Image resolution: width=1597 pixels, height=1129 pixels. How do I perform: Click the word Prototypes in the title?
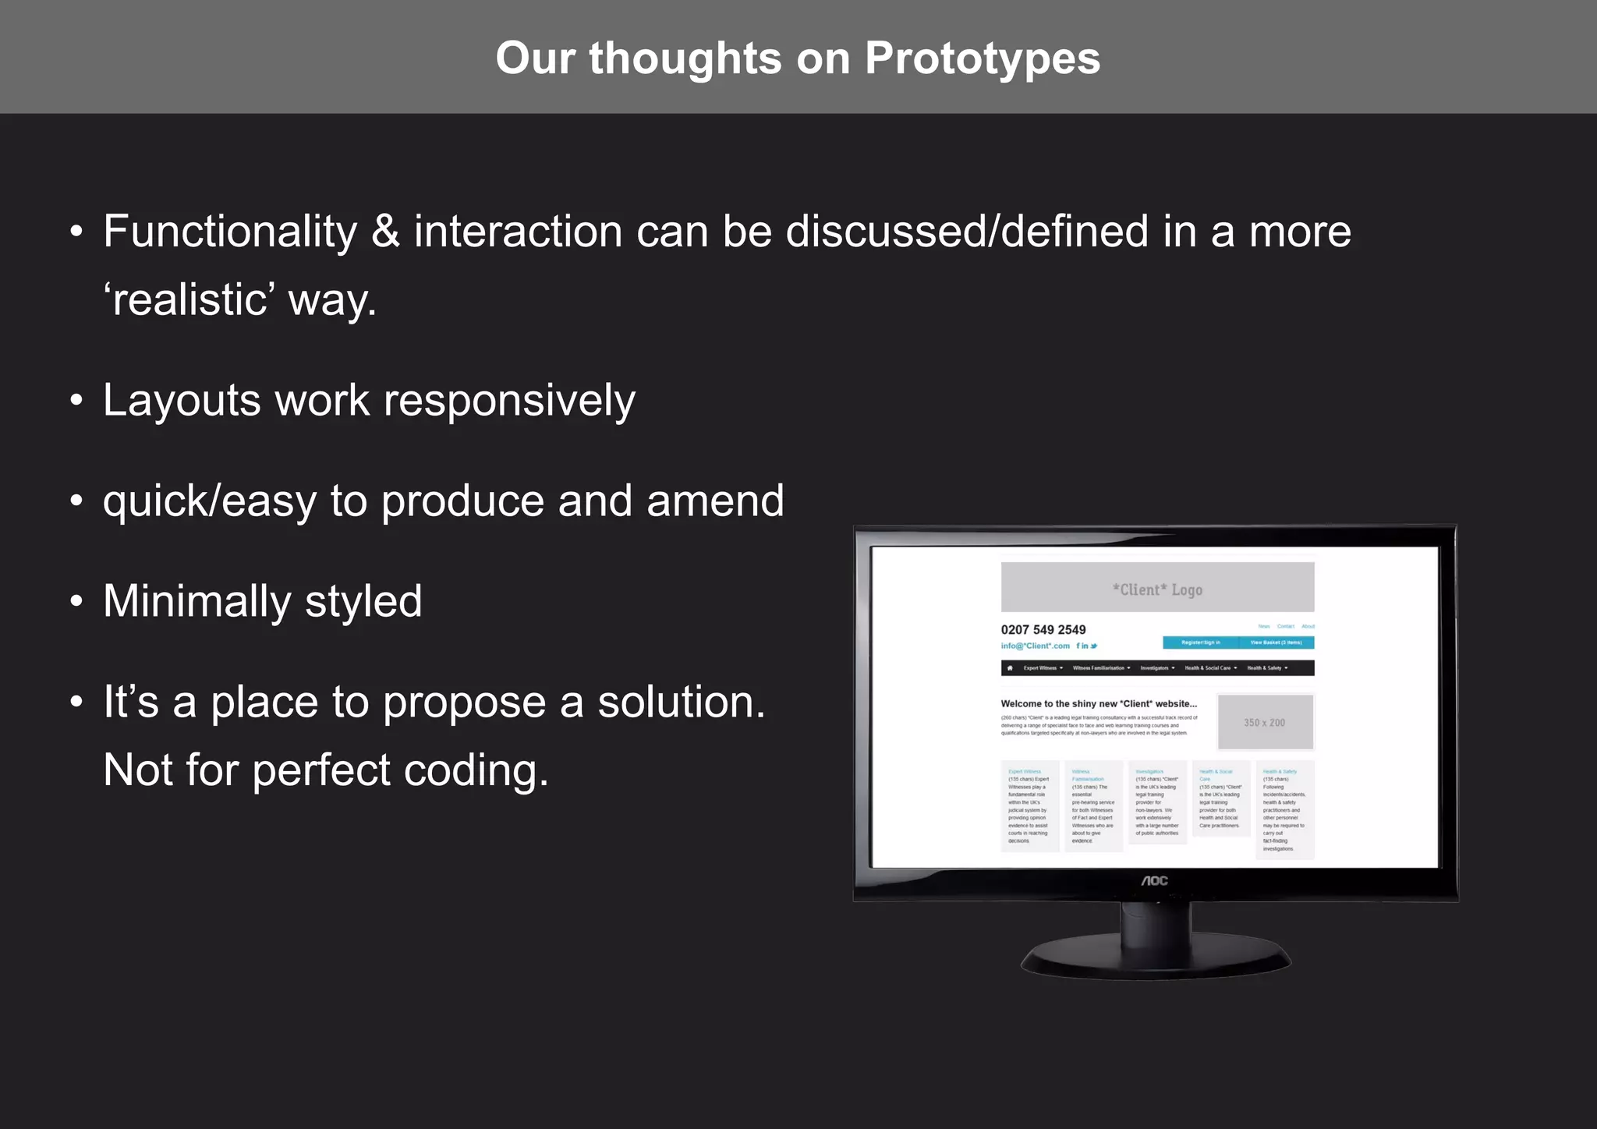point(982,58)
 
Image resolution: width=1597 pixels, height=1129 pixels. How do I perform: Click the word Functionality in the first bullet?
point(230,232)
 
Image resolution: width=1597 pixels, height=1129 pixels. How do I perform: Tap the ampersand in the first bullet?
point(385,232)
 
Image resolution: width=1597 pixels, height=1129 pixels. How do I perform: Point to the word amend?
point(715,501)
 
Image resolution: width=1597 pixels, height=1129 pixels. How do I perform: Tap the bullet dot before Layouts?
point(76,401)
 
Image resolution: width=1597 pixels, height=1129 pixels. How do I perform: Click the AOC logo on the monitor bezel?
point(1155,880)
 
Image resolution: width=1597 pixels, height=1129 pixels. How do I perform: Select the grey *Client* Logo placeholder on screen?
point(1157,588)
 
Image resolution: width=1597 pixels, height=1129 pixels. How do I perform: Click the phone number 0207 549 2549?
point(1043,630)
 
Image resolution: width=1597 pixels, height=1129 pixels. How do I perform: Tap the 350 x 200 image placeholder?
point(1264,723)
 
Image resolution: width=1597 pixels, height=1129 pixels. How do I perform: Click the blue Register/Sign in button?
point(1200,642)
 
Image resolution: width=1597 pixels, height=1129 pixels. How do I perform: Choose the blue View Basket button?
point(1276,642)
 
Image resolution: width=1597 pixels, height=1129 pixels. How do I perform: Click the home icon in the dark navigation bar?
point(1010,668)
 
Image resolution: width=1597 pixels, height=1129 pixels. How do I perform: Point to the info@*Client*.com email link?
point(1035,646)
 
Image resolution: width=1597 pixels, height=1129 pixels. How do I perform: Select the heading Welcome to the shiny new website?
point(1098,703)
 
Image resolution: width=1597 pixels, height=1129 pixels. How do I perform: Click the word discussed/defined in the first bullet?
point(967,232)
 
